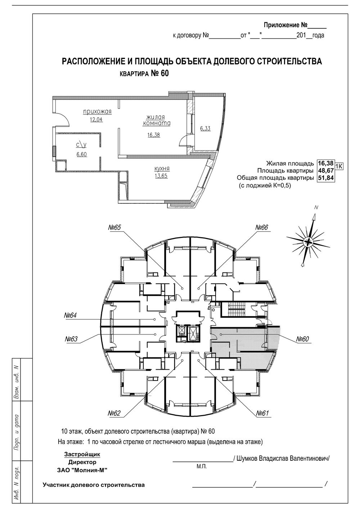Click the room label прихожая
[97, 112]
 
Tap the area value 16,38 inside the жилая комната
[153, 135]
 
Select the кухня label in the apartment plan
[162, 168]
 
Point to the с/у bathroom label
[81, 145]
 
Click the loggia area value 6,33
[205, 128]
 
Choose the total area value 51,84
[325, 178]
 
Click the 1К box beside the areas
[339, 166]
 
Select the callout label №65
[115, 228]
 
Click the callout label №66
[262, 228]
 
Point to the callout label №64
[71, 316]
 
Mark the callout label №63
[72, 339]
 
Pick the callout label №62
[114, 413]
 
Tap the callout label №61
[263, 413]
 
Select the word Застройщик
[82, 454]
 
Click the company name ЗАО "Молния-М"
[82, 470]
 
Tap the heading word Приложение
[282, 25]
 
